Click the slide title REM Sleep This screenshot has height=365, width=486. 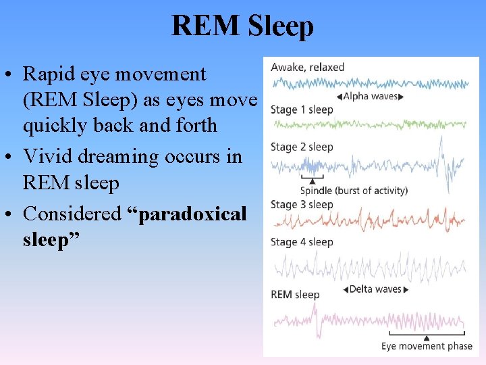tap(242, 26)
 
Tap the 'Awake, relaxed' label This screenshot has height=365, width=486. tap(307, 67)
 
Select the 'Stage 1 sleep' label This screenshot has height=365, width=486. tap(302, 109)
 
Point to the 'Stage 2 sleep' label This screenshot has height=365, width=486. tap(302, 147)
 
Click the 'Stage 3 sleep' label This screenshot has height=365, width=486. tap(302, 204)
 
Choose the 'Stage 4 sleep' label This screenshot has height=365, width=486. tap(302, 242)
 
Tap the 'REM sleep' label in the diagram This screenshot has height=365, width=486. tap(295, 294)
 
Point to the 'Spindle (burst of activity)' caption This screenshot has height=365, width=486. tap(354, 191)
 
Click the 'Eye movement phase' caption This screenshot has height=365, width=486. tap(427, 346)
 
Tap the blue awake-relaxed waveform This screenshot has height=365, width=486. tap(370, 84)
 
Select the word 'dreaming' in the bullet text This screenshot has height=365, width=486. tap(113, 157)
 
